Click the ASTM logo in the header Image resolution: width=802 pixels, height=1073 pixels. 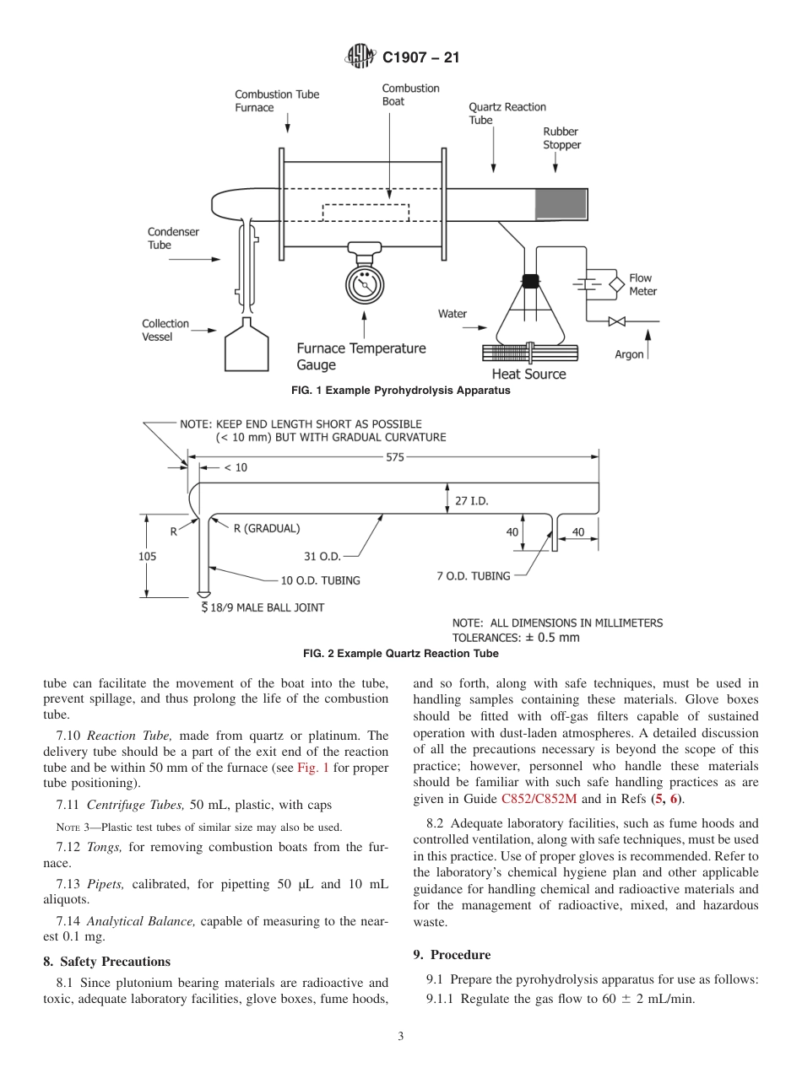[360, 57]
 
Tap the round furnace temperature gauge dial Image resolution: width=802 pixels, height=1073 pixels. [365, 284]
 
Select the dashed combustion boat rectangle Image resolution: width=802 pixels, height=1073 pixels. [366, 212]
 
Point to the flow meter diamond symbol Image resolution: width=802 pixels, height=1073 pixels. [616, 283]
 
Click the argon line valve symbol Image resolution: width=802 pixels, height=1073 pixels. [617, 321]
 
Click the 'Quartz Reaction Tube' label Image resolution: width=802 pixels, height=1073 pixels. [507, 113]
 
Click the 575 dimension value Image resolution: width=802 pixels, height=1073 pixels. [395, 457]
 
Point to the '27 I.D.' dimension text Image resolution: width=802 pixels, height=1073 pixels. [472, 500]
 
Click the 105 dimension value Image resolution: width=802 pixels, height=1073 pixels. [147, 556]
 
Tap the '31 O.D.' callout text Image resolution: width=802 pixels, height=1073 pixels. [322, 556]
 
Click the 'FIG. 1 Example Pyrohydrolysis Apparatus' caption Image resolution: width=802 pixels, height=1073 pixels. [400, 391]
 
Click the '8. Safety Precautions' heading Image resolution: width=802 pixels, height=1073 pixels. [106, 961]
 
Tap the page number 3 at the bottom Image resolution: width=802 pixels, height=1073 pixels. [400, 1037]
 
